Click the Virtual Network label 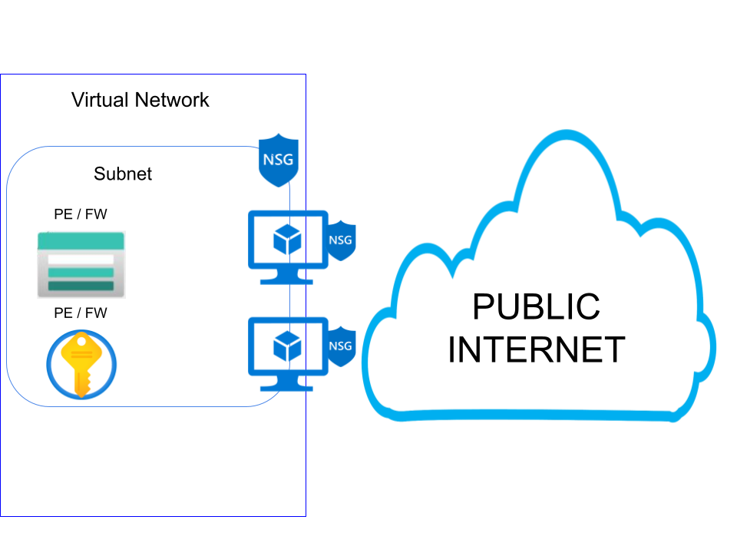point(140,100)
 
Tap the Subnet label point(123,174)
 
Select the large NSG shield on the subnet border point(277,160)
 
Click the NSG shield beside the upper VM point(340,240)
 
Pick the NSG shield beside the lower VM point(340,346)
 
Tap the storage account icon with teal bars point(81,264)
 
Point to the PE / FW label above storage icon point(81,214)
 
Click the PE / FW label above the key point(81,313)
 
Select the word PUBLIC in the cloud point(536,306)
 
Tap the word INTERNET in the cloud point(536,349)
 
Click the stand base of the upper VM point(287,280)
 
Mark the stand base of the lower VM point(287,386)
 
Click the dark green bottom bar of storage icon point(81,286)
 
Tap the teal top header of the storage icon point(81,241)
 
